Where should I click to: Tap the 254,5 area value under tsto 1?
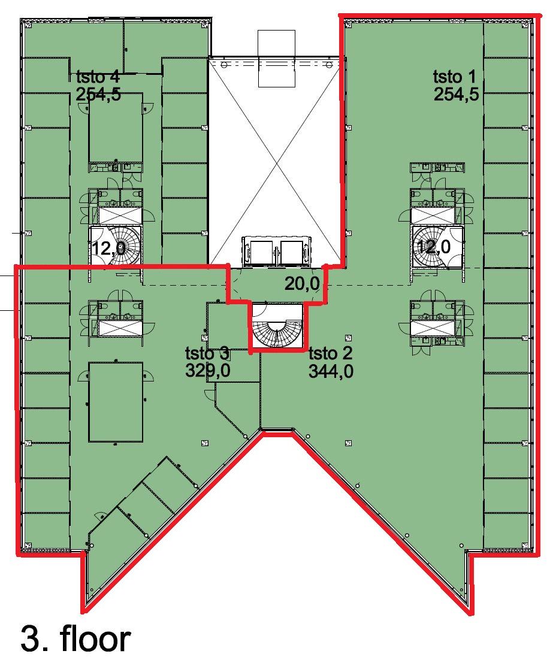coord(455,94)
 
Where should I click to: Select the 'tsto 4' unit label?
coord(98,77)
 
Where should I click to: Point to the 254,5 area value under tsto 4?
coord(98,94)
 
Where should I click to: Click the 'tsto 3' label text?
coord(207,353)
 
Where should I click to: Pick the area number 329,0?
coord(208,371)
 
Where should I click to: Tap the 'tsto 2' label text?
coord(330,353)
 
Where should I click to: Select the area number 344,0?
coord(331,371)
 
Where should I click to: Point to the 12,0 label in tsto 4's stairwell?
coord(108,248)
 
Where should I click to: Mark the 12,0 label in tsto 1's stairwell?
coord(434,247)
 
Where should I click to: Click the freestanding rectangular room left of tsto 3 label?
coord(116,401)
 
